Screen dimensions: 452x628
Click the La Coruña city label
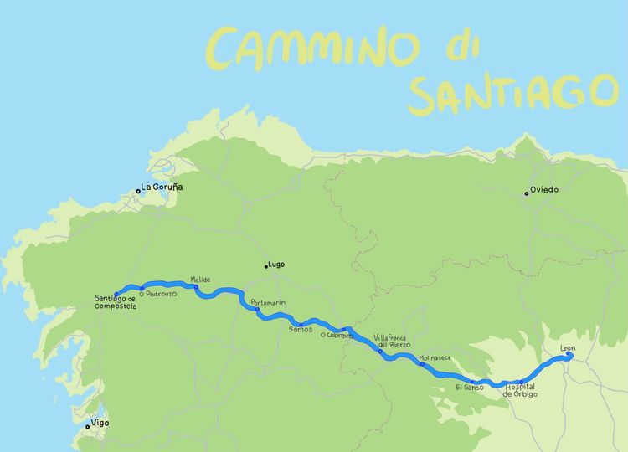click(x=162, y=187)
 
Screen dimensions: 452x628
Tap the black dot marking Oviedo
click(x=527, y=193)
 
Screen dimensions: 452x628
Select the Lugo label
click(x=276, y=265)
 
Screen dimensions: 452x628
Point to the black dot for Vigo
click(x=88, y=427)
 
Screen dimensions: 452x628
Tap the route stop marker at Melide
click(x=197, y=287)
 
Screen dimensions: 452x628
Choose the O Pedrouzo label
click(x=158, y=294)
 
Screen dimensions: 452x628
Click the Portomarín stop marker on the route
click(x=258, y=310)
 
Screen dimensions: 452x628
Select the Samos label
click(x=300, y=330)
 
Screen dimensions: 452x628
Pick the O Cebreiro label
click(x=336, y=336)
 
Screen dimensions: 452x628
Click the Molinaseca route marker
click(x=422, y=364)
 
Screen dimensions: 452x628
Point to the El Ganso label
click(x=471, y=388)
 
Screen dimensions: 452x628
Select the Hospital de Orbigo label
click(x=521, y=390)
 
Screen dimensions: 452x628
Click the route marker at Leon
click(x=569, y=354)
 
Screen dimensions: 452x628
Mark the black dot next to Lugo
click(x=266, y=267)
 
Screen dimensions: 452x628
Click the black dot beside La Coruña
click(x=138, y=192)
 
